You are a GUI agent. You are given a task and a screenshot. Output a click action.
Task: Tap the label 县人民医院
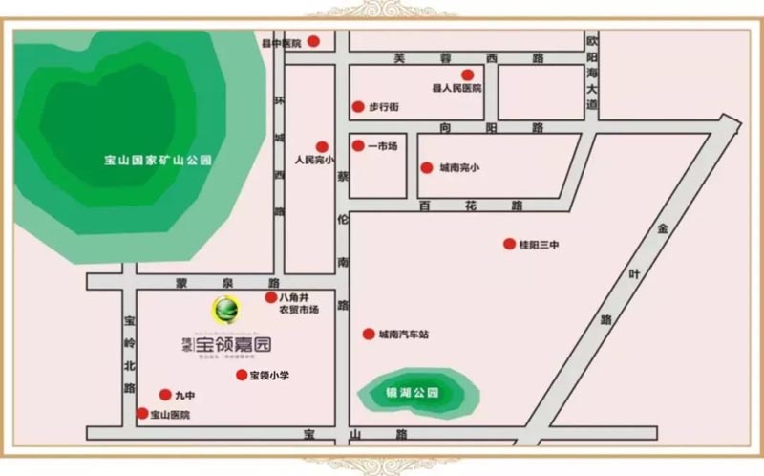(456, 89)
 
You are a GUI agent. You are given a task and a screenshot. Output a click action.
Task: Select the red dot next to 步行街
(358, 107)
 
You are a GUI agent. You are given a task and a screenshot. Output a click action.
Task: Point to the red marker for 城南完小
(427, 168)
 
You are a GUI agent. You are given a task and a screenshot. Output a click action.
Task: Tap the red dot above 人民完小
(322, 146)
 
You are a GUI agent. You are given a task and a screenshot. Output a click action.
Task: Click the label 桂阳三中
(538, 245)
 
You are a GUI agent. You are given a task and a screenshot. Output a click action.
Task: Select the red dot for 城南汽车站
(368, 334)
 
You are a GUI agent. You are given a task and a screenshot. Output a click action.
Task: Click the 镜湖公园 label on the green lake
(417, 393)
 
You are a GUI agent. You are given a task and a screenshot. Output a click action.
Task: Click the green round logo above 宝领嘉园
(226, 309)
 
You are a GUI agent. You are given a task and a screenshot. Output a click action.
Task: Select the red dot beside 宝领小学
(242, 375)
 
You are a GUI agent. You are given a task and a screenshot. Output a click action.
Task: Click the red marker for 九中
(164, 394)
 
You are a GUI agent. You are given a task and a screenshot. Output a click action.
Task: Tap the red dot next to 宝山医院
(143, 414)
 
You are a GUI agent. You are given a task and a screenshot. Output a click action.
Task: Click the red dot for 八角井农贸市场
(271, 298)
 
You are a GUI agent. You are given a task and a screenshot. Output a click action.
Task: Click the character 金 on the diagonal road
(661, 230)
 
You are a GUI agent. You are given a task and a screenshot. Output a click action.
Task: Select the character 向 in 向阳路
(446, 127)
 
